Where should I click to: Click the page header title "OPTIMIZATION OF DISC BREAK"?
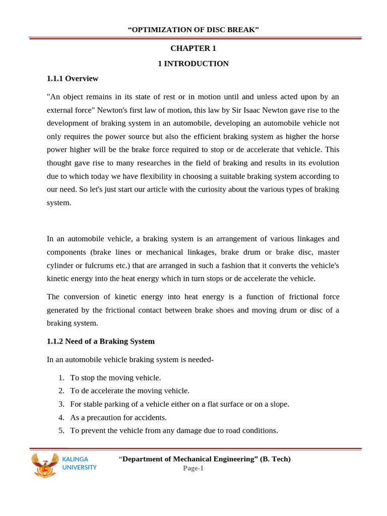pyautogui.click(x=193, y=30)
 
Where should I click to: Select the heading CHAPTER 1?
pyautogui.click(x=193, y=48)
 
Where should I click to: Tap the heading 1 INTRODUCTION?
pyautogui.click(x=193, y=63)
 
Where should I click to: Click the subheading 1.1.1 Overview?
pyautogui.click(x=73, y=79)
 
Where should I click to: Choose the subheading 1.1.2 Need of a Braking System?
pyautogui.click(x=101, y=341)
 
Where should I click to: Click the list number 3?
pyautogui.click(x=61, y=404)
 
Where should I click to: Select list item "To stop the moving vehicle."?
pyautogui.click(x=115, y=378)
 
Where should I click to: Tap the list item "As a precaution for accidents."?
pyautogui.click(x=118, y=417)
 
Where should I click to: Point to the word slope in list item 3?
pyautogui.click(x=279, y=404)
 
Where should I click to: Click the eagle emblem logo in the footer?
pyautogui.click(x=45, y=465)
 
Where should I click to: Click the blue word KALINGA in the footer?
pyautogui.click(x=75, y=460)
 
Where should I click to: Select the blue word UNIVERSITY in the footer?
pyautogui.click(x=79, y=468)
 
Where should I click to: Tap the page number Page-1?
pyautogui.click(x=193, y=468)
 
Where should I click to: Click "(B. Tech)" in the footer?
pyautogui.click(x=275, y=459)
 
